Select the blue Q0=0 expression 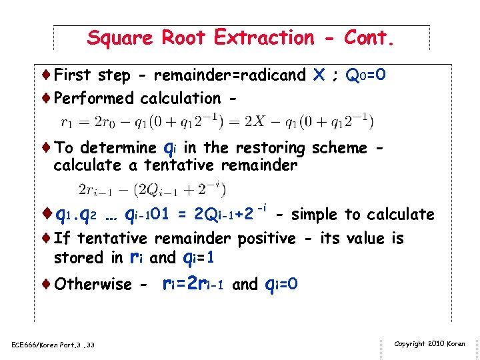365,75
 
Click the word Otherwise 93,285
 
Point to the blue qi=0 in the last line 281,285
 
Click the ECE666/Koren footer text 54,345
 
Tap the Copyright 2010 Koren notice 429,344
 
